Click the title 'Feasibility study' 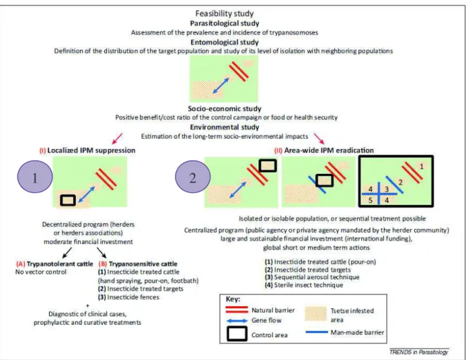tap(224, 13)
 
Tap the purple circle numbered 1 tap(35, 177)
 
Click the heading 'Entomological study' tap(224, 42)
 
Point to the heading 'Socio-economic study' tap(224, 108)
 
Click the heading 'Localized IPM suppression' tap(91, 150)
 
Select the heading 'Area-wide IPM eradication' tap(329, 150)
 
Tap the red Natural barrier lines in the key tap(236, 310)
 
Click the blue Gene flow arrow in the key tap(236, 321)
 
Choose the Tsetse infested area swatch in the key tap(316, 314)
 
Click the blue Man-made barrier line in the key tap(317, 332)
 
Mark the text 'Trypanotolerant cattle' tap(60, 264)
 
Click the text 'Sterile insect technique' tap(309, 285)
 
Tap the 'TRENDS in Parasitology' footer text tap(418, 352)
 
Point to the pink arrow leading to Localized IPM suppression tap(117, 138)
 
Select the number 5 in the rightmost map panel tap(370, 200)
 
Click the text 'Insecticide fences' tap(133, 297)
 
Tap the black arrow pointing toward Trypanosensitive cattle tap(101, 252)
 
